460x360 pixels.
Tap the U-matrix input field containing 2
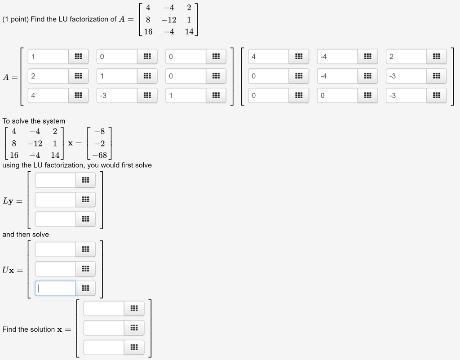point(406,57)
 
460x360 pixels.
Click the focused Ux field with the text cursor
point(55,288)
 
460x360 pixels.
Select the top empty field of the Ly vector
point(55,180)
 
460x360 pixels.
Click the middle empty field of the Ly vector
point(55,200)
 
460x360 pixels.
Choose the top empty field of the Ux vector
point(55,249)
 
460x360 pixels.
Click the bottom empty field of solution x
point(104,347)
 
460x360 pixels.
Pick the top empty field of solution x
point(104,308)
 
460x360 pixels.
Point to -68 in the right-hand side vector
point(99,155)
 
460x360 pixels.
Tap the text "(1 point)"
point(16,19)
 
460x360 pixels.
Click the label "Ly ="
point(12,201)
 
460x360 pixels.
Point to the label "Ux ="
point(12,270)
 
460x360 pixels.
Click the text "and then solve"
point(26,234)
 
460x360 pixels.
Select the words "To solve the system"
point(34,121)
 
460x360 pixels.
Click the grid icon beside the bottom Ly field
point(85,219)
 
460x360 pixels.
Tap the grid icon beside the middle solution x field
point(134,328)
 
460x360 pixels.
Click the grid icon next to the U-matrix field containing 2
point(436,57)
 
